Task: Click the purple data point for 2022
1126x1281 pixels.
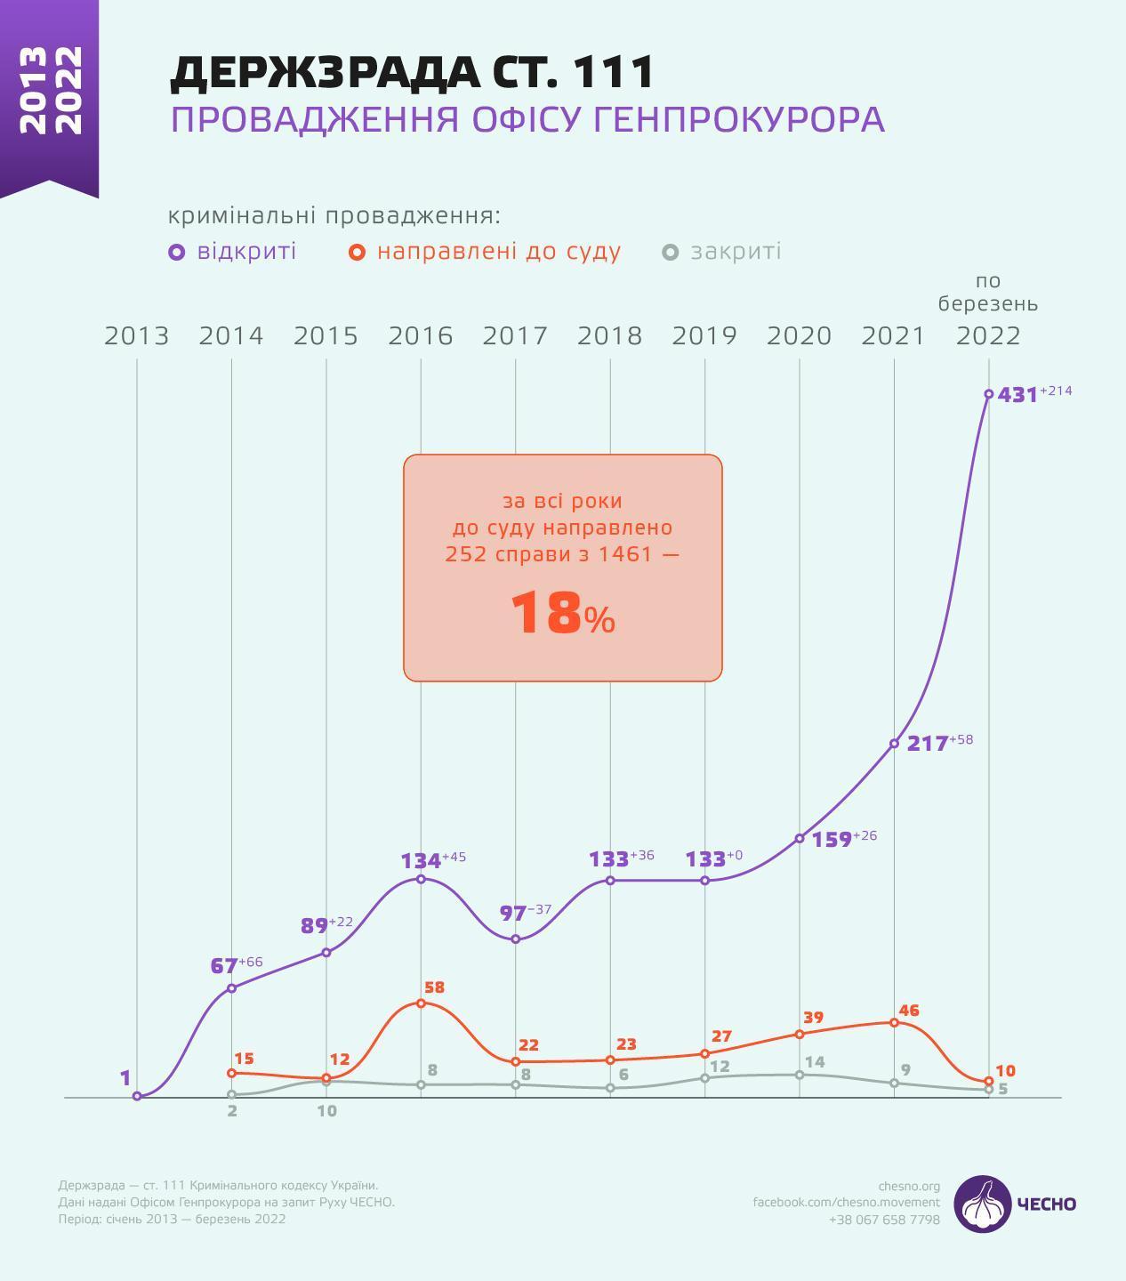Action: pyautogui.click(x=988, y=394)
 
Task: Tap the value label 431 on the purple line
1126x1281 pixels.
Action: pyautogui.click(x=1017, y=395)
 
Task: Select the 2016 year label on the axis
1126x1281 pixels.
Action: pyautogui.click(x=420, y=336)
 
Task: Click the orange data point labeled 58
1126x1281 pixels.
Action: pyautogui.click(x=421, y=1003)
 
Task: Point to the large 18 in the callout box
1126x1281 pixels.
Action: pyautogui.click(x=546, y=613)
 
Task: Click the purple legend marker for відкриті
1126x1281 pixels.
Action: pyautogui.click(x=177, y=253)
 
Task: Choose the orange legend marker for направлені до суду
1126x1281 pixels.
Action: pyautogui.click(x=357, y=253)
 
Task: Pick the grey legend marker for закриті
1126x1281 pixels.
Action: pyautogui.click(x=671, y=253)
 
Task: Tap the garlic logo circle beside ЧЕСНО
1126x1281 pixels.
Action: pyautogui.click(x=983, y=1204)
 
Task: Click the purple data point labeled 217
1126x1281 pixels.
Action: pyautogui.click(x=894, y=744)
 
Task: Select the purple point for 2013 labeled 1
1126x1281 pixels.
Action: pyautogui.click(x=137, y=1097)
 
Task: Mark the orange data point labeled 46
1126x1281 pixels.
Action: pyautogui.click(x=894, y=1022)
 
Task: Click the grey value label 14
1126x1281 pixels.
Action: pyautogui.click(x=814, y=1062)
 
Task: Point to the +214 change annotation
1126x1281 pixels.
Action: pyautogui.click(x=1056, y=391)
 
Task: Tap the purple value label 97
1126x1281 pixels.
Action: pyautogui.click(x=512, y=914)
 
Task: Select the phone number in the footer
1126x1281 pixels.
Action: pyautogui.click(x=883, y=1220)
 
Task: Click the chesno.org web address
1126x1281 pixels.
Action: pyautogui.click(x=908, y=1186)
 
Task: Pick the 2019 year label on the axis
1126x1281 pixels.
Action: pyautogui.click(x=704, y=336)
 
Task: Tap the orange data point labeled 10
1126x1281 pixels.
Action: pyautogui.click(x=988, y=1082)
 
